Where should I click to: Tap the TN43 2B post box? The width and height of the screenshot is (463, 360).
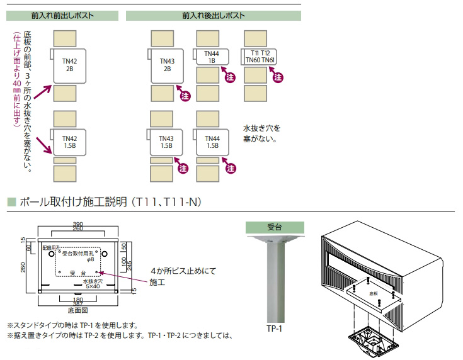click(x=167, y=64)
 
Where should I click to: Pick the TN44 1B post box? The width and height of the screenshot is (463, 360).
click(x=213, y=58)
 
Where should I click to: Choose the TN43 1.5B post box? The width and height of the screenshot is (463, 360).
click(x=166, y=141)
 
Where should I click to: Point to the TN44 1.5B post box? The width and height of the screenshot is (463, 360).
click(x=212, y=141)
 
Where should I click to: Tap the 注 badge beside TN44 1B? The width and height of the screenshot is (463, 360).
click(x=231, y=76)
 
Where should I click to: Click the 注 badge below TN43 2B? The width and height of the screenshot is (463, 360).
click(x=185, y=96)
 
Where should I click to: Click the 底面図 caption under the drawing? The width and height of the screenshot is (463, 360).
click(x=76, y=310)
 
